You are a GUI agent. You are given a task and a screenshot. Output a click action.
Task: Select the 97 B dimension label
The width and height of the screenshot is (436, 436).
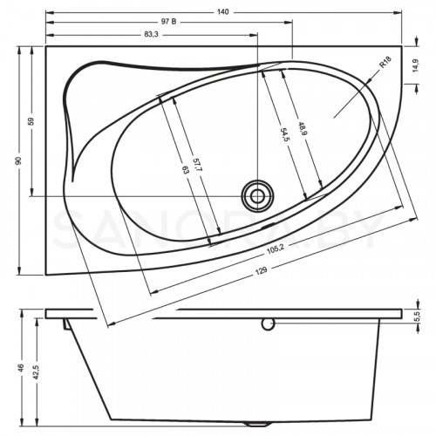point(175,21)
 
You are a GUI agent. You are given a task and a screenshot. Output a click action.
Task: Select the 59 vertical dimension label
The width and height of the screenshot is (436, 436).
point(31,122)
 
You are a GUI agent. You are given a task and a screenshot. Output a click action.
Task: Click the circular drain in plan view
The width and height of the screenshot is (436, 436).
point(257,193)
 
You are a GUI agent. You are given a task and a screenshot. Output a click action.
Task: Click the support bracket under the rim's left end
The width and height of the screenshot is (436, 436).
point(66,324)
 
